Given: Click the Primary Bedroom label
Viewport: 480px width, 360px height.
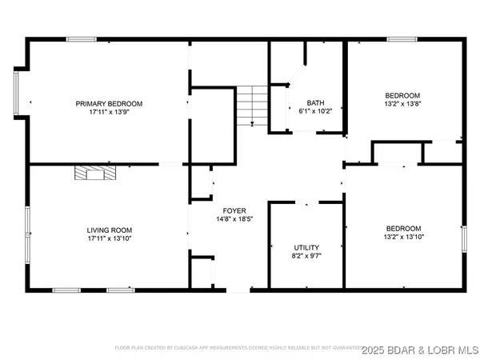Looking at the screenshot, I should [109, 104].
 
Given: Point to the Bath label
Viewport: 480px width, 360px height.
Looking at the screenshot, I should [316, 103].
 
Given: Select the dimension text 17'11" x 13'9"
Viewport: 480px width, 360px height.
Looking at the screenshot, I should [109, 114].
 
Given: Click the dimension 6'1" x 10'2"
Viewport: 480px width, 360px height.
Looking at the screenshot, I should [316, 113].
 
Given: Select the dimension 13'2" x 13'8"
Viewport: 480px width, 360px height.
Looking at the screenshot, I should [404, 104].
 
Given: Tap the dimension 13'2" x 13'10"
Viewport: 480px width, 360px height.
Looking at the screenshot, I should [404, 236].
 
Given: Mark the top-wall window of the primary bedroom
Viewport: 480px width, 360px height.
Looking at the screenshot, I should [81, 38].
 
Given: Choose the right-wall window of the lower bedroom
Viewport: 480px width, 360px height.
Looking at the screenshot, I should [465, 238].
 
